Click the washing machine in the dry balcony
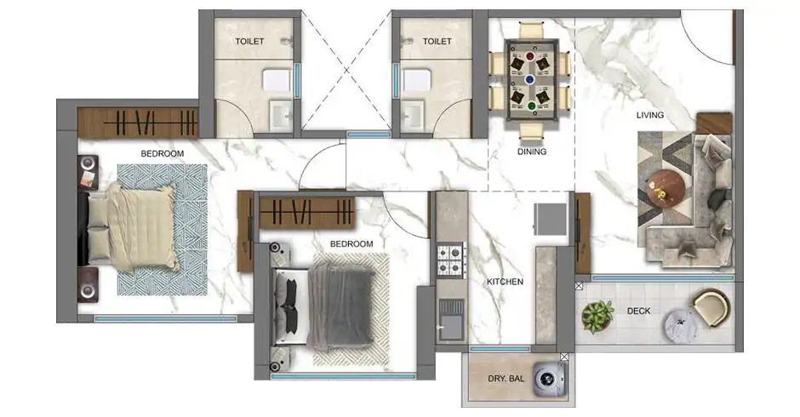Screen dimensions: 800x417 tap(551, 380)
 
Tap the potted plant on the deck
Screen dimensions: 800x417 tap(597, 317)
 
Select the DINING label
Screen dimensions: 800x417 tap(532, 151)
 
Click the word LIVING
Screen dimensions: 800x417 tap(650, 116)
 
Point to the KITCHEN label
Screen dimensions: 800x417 tap(505, 282)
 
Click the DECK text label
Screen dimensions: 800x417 tap(639, 311)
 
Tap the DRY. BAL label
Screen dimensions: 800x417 tap(506, 379)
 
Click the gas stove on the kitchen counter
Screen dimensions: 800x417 tap(451, 260)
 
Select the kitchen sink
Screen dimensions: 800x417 tap(451, 320)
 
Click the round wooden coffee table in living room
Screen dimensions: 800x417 tap(666, 189)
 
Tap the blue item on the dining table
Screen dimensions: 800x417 tap(529, 80)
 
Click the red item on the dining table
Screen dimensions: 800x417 tap(530, 56)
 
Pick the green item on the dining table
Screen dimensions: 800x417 tap(531, 106)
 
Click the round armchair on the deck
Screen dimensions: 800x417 tap(711, 308)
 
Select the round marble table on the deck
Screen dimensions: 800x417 tap(681, 326)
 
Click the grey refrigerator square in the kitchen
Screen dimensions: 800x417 tap(551, 219)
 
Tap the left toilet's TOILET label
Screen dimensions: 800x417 tap(249, 42)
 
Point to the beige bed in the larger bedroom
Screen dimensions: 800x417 tap(134, 226)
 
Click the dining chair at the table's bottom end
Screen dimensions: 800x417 tap(532, 131)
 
